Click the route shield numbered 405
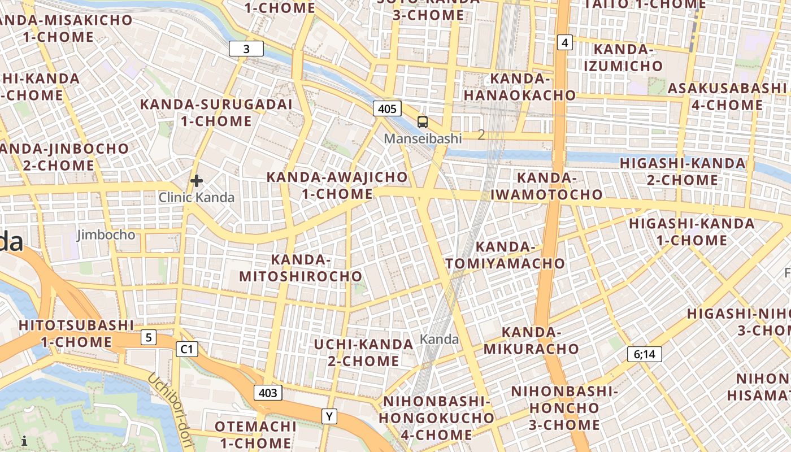pos(387,108)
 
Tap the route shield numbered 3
pos(246,49)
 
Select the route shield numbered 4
pos(564,42)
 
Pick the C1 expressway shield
pos(186,350)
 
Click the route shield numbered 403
pos(268,393)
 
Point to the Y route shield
pos(329,416)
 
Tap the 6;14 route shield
pos(644,354)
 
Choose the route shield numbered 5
pos(148,338)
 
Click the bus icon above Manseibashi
pos(422,121)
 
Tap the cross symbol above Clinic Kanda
pos(197,181)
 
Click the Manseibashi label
pos(423,138)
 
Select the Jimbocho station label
pos(106,234)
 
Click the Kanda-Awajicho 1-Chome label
pos(337,185)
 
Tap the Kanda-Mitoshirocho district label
pos(301,268)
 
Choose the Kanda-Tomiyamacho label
pos(505,255)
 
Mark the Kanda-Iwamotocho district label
pos(546,186)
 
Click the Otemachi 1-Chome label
pos(255,434)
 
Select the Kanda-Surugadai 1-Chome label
pos(216,112)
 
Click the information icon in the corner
pos(24,441)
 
